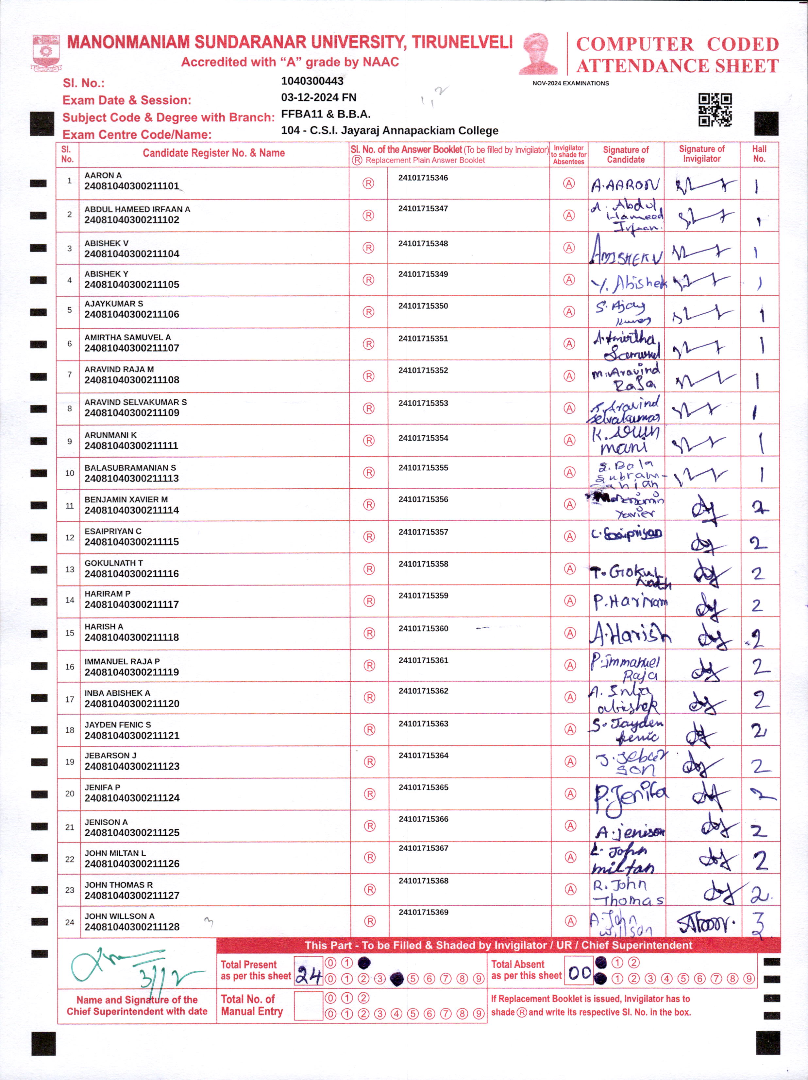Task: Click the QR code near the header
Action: click(715, 110)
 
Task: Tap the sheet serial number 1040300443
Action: click(312, 81)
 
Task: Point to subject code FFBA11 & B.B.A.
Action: click(326, 114)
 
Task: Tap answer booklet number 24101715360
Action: click(423, 628)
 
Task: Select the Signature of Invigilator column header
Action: click(702, 154)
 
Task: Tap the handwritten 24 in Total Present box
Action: click(308, 976)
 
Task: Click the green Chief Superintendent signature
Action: click(132, 969)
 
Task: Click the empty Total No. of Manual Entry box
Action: click(308, 1006)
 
